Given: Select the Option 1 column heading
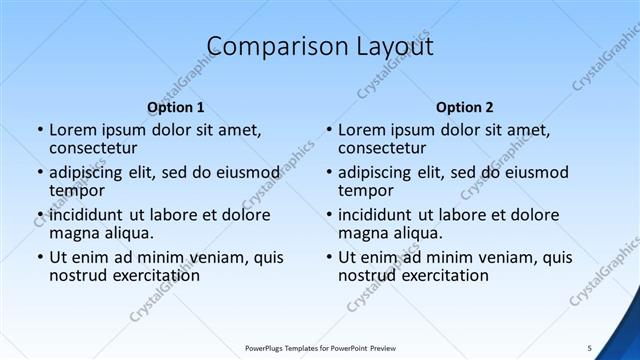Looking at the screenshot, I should click(176, 106).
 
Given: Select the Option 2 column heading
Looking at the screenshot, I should click(465, 106).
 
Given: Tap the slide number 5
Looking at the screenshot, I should click(589, 347).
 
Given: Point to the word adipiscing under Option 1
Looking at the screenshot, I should click(90, 172).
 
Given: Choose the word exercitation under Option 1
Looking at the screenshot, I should click(147, 274).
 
